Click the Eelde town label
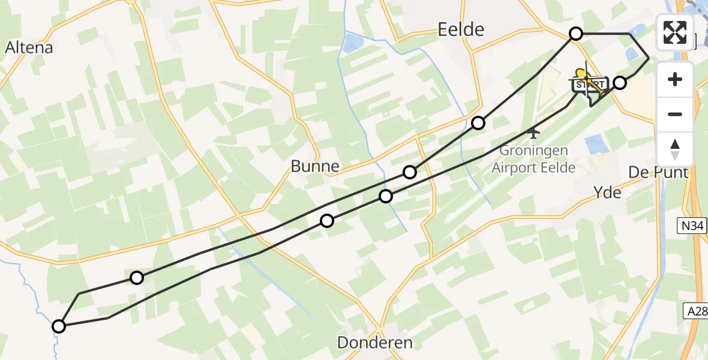point(461,29)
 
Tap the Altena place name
point(29,47)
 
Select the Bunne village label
point(315,166)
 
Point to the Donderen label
point(375,343)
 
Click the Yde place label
point(607,193)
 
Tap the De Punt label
point(658,173)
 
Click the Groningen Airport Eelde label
point(533,160)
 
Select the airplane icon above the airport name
point(532,130)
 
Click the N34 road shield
point(692,226)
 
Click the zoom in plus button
point(675,79)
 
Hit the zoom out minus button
point(675,114)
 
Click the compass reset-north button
point(675,148)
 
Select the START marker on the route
point(589,85)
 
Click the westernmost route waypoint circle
point(59,326)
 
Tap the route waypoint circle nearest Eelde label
point(576,34)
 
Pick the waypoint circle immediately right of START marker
point(620,83)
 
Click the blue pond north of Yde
point(596,144)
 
